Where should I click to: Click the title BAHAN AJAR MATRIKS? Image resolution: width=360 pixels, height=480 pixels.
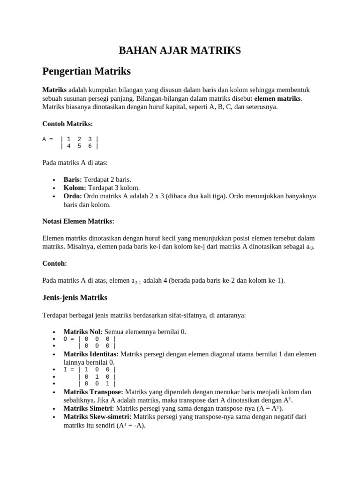pyautogui.click(x=180, y=50)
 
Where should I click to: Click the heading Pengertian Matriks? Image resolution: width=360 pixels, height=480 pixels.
pyautogui.click(x=86, y=72)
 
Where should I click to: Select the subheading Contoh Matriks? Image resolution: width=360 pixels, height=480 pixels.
pyautogui.click(x=67, y=124)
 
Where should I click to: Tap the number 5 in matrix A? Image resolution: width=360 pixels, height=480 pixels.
pyautogui.click(x=79, y=146)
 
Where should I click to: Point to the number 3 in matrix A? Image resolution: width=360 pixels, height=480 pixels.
pyautogui.click(x=90, y=139)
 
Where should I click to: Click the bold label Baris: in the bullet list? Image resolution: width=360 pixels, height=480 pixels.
pyautogui.click(x=73, y=180)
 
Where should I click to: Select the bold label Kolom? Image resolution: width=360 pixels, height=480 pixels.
pyautogui.click(x=75, y=187)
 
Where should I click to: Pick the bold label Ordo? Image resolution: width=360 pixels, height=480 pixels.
pyautogui.click(x=73, y=196)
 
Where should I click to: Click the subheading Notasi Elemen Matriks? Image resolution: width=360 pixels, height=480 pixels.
pyautogui.click(x=78, y=221)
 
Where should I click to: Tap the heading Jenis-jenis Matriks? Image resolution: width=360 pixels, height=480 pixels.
pyautogui.click(x=75, y=298)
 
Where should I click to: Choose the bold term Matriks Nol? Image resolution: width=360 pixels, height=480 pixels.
pyautogui.click(x=83, y=332)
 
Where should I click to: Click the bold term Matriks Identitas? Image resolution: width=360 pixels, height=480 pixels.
pyautogui.click(x=91, y=354)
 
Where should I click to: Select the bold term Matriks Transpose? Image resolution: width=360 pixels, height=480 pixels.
pyautogui.click(x=93, y=392)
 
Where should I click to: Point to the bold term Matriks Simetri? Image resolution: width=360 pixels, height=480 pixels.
pyautogui.click(x=89, y=409)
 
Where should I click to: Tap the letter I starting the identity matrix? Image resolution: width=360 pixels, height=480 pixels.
pyautogui.click(x=66, y=369)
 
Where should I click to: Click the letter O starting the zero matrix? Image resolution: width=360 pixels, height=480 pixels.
pyautogui.click(x=66, y=339)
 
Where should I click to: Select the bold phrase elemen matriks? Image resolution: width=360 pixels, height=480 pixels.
pyautogui.click(x=278, y=99)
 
